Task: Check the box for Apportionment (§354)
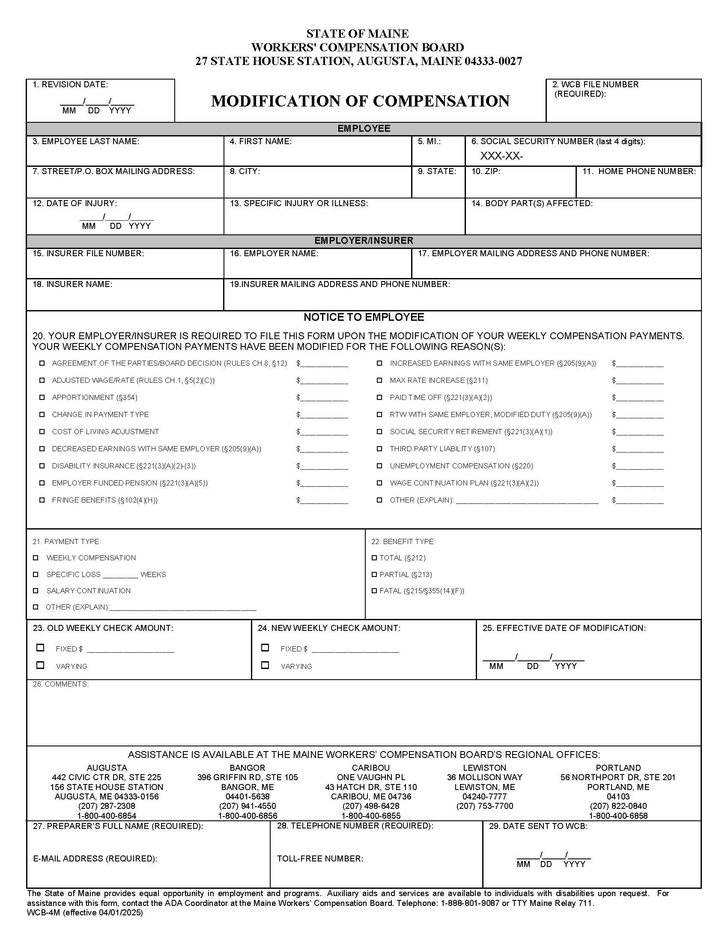click(x=42, y=397)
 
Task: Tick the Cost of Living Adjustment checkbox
click(x=42, y=431)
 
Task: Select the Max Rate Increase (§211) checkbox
click(x=379, y=380)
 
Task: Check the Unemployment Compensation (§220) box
click(x=379, y=466)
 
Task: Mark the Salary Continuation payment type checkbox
click(x=36, y=591)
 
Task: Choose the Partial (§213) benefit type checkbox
click(x=374, y=574)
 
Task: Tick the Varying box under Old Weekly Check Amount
click(x=41, y=665)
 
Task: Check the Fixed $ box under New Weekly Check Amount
click(x=265, y=648)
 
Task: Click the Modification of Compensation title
click(x=360, y=101)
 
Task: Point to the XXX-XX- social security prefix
click(x=501, y=156)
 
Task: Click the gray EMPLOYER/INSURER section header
click(x=364, y=241)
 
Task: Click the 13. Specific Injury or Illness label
click(x=299, y=203)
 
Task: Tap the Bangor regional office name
click(x=247, y=768)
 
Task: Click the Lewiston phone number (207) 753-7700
click(x=485, y=806)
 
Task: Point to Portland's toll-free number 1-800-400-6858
click(x=618, y=816)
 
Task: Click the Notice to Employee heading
click(x=364, y=317)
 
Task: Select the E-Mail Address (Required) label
click(x=95, y=858)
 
